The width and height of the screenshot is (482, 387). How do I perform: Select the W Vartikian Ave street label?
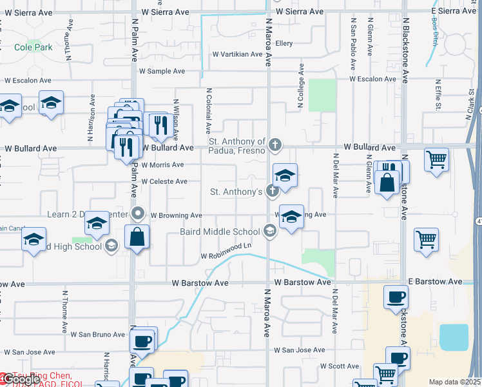pos(237,54)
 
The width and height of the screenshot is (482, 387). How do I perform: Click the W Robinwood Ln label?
pos(226,256)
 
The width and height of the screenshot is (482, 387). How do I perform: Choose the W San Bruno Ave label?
pos(98,334)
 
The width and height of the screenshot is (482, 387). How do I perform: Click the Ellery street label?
pos(284,43)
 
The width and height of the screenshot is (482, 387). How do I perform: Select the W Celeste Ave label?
pos(164,181)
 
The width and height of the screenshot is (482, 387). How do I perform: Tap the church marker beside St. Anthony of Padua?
pos(275,144)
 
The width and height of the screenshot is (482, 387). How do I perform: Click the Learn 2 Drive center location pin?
pos(137,213)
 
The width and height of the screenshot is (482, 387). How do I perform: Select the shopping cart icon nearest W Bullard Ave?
pos(437,158)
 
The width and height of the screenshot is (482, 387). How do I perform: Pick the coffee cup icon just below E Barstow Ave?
pos(396,297)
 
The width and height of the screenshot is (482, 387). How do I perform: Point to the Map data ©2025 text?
pos(454,382)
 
